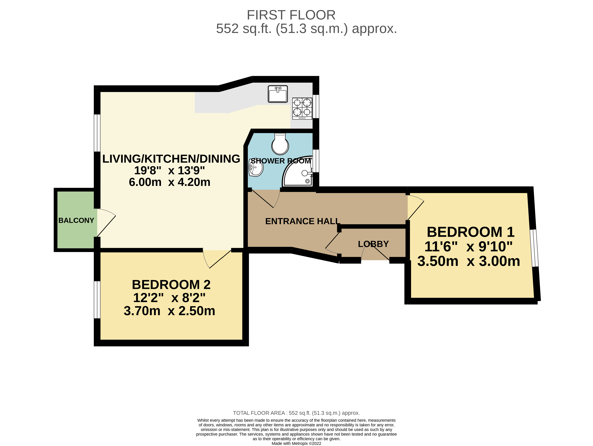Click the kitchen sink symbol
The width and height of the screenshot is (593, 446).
point(278,94)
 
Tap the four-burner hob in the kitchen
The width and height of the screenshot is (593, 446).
point(302,108)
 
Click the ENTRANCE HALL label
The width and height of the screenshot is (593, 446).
point(302,221)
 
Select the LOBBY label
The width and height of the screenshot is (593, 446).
point(373,244)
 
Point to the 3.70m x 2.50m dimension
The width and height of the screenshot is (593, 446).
point(169,311)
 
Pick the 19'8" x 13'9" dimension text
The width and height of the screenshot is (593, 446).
point(169,170)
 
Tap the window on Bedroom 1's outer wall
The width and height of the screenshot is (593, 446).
point(534,248)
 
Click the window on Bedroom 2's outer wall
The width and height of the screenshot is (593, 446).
point(97,300)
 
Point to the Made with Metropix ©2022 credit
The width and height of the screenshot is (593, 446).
point(296,443)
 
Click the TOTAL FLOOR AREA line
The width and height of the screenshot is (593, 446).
point(296,413)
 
